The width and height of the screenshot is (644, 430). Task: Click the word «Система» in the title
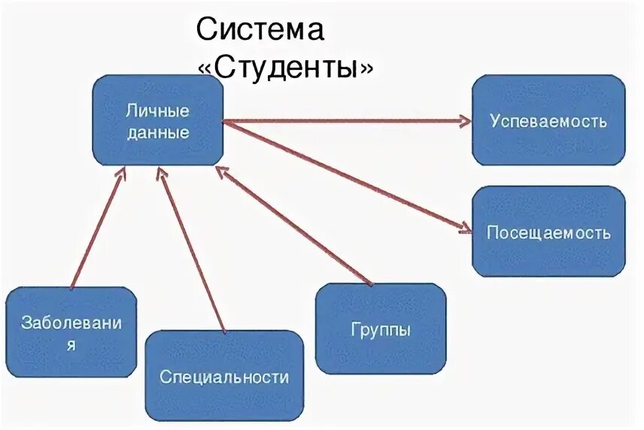[260, 31]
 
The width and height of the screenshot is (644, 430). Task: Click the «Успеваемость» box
[548, 120]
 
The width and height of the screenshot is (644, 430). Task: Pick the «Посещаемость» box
[548, 232]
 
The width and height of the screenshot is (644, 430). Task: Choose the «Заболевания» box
[71, 332]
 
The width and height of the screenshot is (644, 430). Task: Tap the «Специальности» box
[224, 376]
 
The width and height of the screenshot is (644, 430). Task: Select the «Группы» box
[381, 329]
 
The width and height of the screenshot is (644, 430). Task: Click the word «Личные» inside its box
[157, 111]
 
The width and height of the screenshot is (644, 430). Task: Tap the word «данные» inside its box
[157, 133]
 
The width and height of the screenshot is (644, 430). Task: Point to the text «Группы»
[381, 329]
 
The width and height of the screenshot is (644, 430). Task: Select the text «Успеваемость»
[548, 120]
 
